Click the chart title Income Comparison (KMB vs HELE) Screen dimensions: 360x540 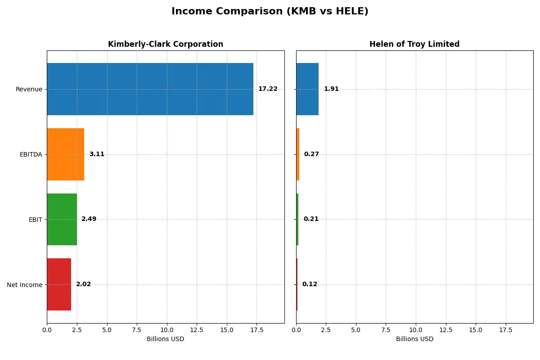[270, 12]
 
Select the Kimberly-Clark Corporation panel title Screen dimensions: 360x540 [166, 44]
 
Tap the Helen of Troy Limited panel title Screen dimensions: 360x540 [414, 44]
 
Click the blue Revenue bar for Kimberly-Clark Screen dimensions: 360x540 [150, 89]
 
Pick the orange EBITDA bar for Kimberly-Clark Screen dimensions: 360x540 [65, 154]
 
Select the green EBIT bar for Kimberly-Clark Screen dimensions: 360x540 [62, 219]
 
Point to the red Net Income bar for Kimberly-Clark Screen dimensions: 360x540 [59, 284]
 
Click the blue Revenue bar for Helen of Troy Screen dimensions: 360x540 [307, 89]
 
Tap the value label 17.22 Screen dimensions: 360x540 [268, 89]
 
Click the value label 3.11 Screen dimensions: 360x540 [97, 154]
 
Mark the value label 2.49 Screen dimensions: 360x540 [89, 219]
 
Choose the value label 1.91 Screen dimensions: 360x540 [331, 89]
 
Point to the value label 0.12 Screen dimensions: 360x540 [310, 284]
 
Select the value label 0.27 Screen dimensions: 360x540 [311, 154]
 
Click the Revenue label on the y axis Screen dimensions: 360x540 [29, 89]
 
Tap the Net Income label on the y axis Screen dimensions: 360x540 [24, 284]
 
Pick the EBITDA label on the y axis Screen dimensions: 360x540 [31, 154]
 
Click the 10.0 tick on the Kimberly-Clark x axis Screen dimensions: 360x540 [167, 330]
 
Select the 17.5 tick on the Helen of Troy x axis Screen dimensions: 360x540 [506, 330]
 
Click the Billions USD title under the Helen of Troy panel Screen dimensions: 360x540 [414, 339]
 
